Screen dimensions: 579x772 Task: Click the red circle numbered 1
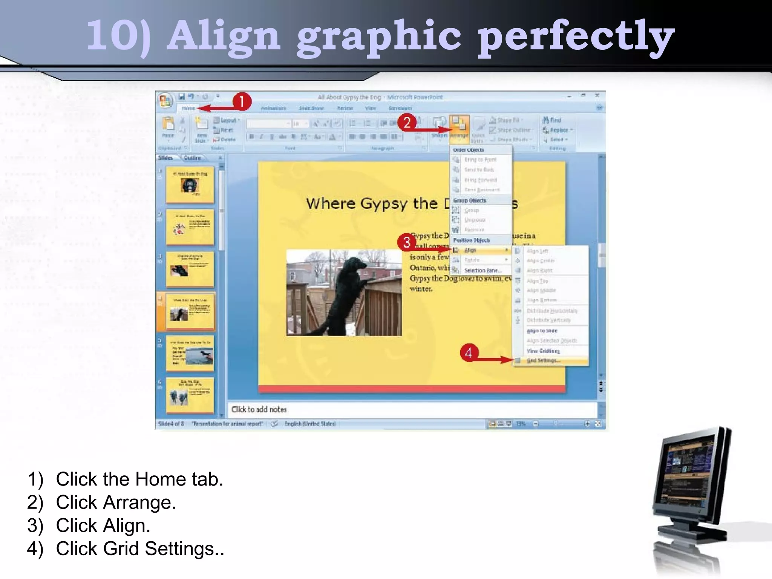coord(242,101)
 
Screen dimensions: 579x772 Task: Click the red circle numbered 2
coord(407,123)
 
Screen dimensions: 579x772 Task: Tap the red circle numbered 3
coord(406,242)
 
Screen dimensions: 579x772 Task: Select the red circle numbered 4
coord(469,353)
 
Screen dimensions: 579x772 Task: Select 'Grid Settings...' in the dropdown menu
coord(543,361)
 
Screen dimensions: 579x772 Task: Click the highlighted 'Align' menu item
coord(470,250)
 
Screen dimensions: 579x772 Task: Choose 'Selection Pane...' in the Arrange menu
coord(482,271)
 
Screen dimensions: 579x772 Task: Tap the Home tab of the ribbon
coord(188,109)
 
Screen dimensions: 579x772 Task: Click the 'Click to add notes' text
coord(259,409)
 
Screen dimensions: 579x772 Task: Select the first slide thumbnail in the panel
coord(190,185)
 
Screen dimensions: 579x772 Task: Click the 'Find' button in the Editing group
coord(552,120)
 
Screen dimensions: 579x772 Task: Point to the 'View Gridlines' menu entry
coord(543,351)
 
